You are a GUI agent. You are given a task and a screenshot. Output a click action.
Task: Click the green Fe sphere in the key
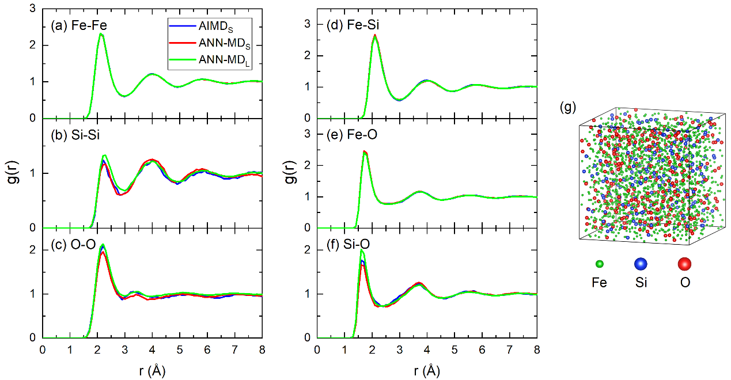pyautogui.click(x=600, y=264)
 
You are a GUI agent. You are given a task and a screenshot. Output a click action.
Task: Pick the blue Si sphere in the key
pyautogui.click(x=641, y=264)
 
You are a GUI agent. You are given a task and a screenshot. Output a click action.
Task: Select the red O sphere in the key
pyautogui.click(x=684, y=264)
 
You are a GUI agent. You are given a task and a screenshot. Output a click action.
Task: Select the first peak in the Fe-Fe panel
pyautogui.click(x=101, y=34)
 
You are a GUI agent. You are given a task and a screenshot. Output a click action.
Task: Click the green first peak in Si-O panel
pyautogui.click(x=362, y=250)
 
